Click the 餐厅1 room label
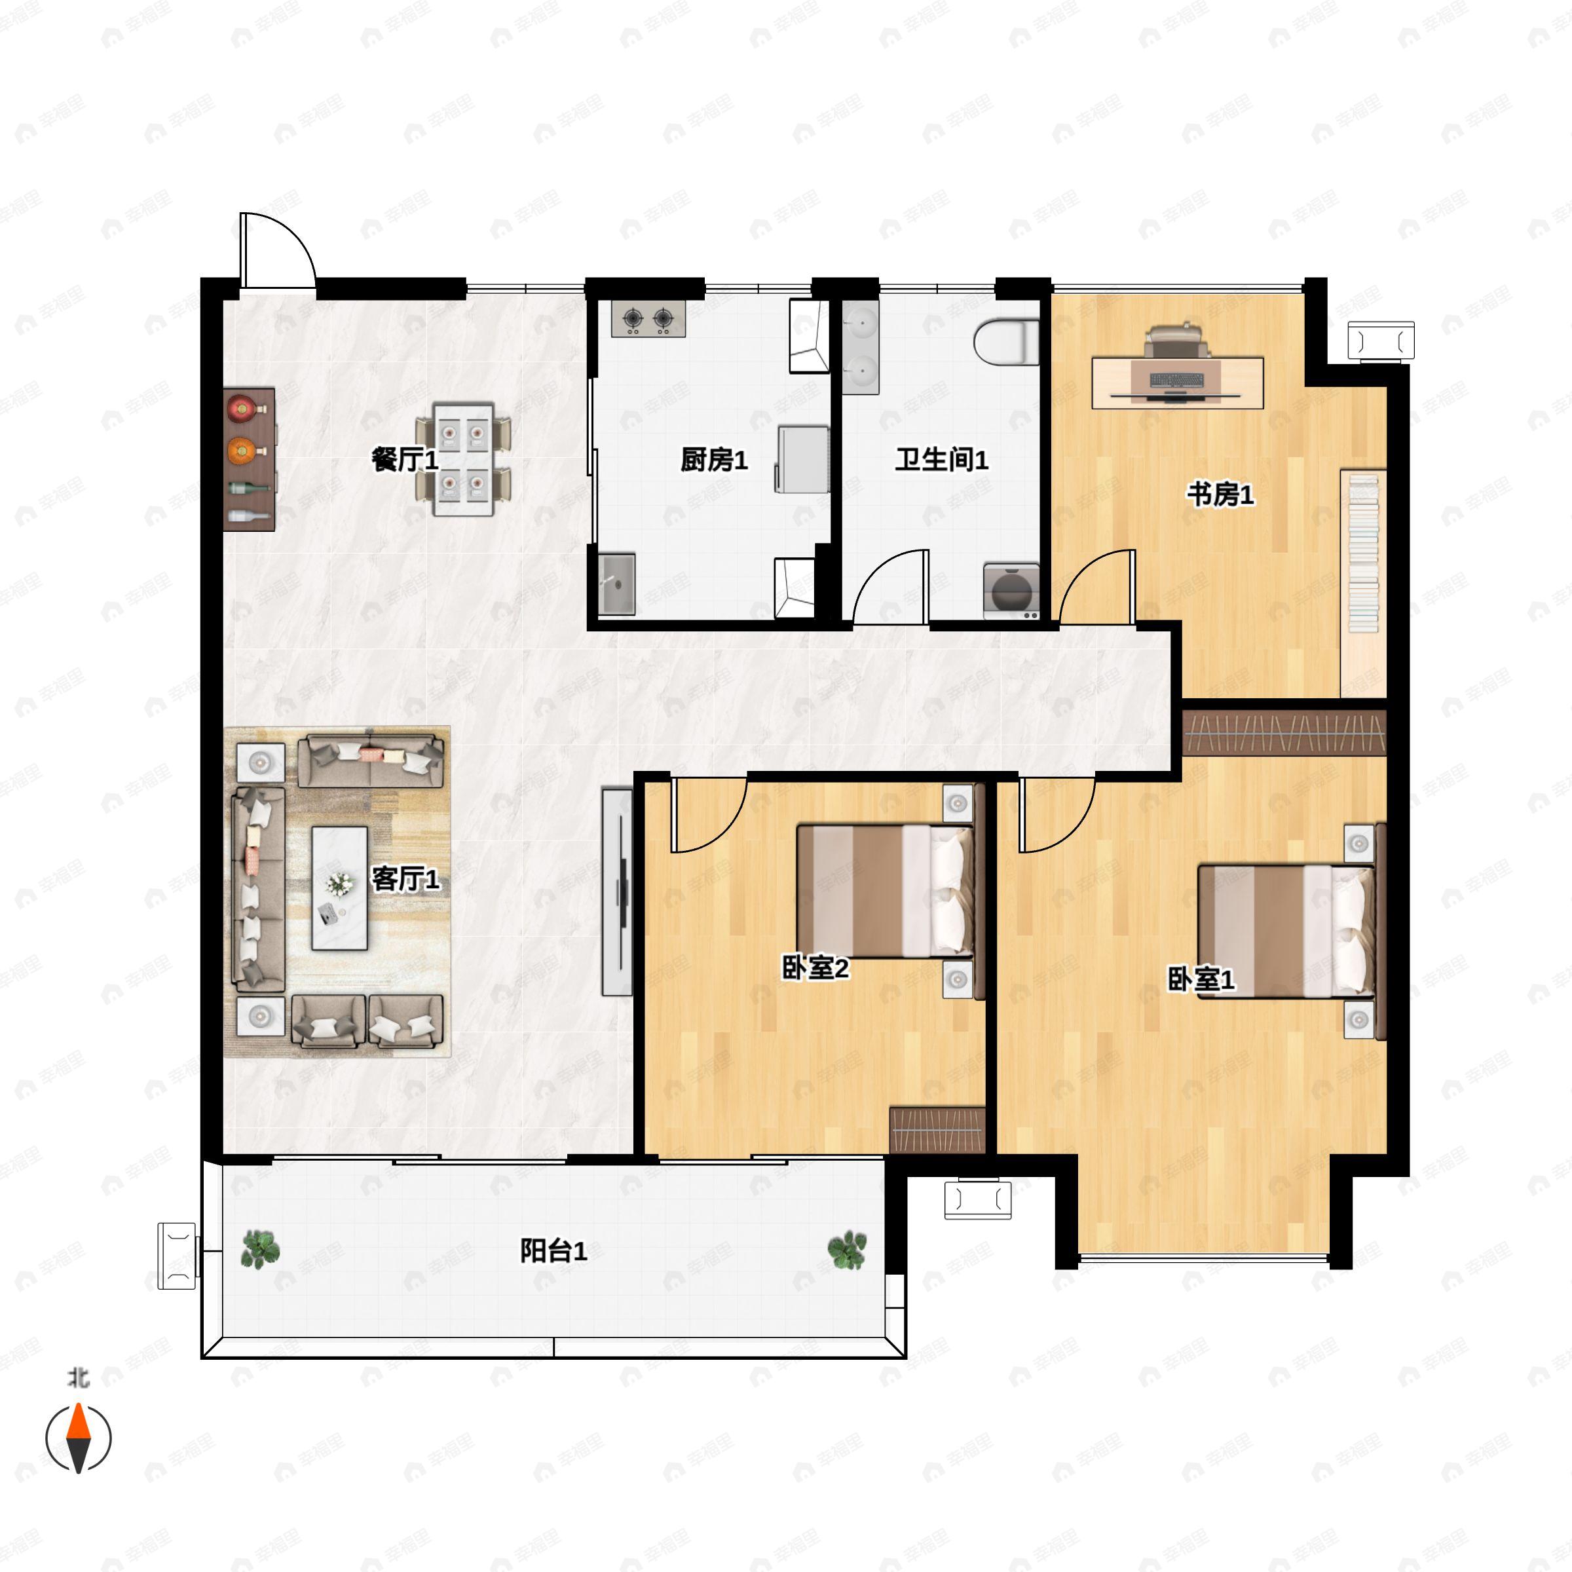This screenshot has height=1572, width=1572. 405,460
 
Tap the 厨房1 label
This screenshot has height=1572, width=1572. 713,460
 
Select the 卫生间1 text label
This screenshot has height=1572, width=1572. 941,460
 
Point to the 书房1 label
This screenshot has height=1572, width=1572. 1220,494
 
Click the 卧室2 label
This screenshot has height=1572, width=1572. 815,968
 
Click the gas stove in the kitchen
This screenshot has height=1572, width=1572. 648,319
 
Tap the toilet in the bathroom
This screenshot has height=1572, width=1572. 1007,343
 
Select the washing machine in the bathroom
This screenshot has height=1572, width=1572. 1011,591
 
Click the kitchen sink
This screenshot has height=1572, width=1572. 617,584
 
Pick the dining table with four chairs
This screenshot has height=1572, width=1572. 463,459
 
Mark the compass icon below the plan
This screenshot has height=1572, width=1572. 78,1438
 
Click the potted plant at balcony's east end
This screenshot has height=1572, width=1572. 847,1250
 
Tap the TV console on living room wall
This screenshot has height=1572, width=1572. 617,891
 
